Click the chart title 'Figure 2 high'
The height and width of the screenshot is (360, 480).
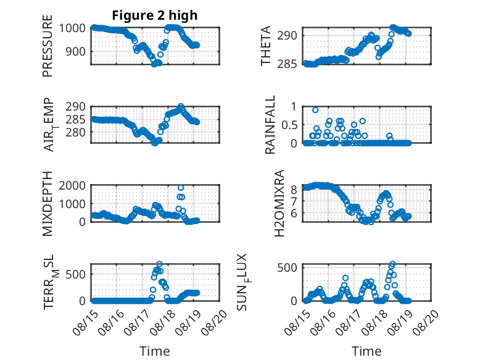pyautogui.click(x=155, y=15)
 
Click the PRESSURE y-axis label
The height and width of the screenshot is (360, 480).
pyautogui.click(x=48, y=46)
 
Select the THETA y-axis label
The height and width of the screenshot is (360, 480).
pyautogui.click(x=266, y=46)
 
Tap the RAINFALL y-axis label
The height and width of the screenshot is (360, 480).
pyautogui.click(x=270, y=125)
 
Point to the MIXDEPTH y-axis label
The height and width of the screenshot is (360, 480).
pyautogui.click(x=48, y=204)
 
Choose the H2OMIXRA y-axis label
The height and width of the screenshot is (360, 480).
pyautogui.click(x=279, y=203)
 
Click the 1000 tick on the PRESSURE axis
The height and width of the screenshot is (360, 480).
pyautogui.click(x=72, y=28)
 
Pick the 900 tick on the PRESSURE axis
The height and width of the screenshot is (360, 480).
pyautogui.click(x=76, y=51)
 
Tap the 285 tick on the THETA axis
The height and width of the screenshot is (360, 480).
pyautogui.click(x=287, y=64)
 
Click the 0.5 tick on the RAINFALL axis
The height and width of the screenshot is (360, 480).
pyautogui.click(x=289, y=125)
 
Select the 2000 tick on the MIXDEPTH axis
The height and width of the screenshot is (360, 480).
pyautogui.click(x=72, y=186)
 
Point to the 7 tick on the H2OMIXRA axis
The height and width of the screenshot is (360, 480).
pyautogui.click(x=294, y=201)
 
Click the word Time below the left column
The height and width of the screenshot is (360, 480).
pyautogui.click(x=155, y=351)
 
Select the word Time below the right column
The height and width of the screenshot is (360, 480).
pyautogui.click(x=366, y=351)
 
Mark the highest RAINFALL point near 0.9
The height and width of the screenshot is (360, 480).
pyautogui.click(x=315, y=110)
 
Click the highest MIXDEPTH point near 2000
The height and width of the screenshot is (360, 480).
pyautogui.click(x=181, y=188)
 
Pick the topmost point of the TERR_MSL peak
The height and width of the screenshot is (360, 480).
pyautogui.click(x=159, y=264)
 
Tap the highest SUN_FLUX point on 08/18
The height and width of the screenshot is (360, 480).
pyautogui.click(x=392, y=264)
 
